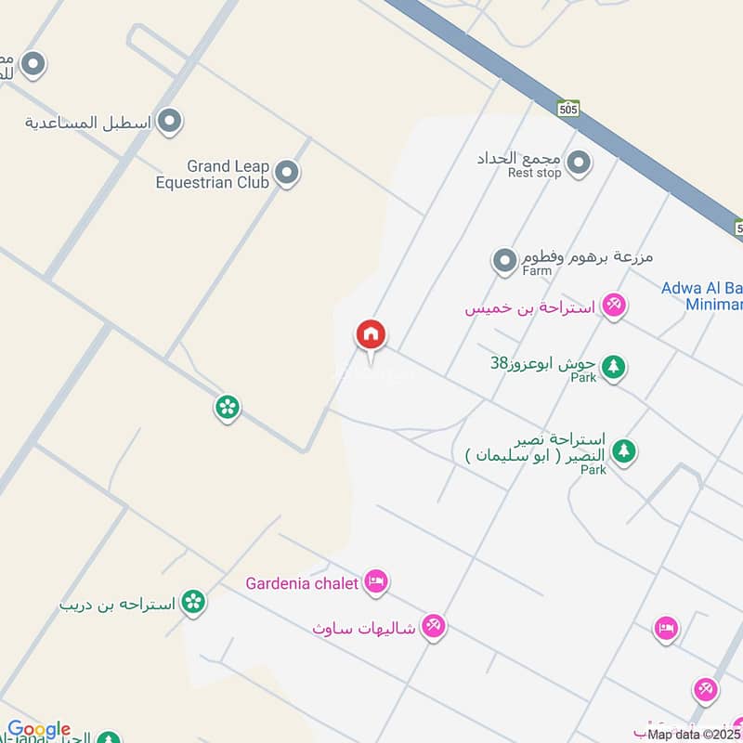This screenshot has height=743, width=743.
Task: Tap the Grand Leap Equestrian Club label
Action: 213,174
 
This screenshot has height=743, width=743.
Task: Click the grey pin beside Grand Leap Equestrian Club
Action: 288,172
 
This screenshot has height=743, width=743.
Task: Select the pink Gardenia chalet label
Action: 302,584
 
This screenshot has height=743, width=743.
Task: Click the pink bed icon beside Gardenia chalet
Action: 376,582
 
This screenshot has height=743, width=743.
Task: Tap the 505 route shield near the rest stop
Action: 568,109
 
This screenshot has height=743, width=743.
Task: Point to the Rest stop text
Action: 534,173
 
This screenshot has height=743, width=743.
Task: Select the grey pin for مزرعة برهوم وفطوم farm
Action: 504,260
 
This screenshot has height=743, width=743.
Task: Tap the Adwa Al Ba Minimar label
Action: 702,296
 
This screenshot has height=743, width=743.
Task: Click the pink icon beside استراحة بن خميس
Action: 613,305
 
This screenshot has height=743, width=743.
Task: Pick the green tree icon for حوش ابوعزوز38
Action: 613,367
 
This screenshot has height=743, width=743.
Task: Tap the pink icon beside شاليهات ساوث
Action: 433,627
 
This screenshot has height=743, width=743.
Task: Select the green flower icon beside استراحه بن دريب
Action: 193,603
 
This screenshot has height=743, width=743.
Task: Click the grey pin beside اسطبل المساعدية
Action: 169,121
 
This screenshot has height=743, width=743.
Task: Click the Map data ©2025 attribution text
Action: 695,735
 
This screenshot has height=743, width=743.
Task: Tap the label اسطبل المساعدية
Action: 90,122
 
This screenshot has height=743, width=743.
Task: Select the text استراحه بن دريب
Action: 117,604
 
